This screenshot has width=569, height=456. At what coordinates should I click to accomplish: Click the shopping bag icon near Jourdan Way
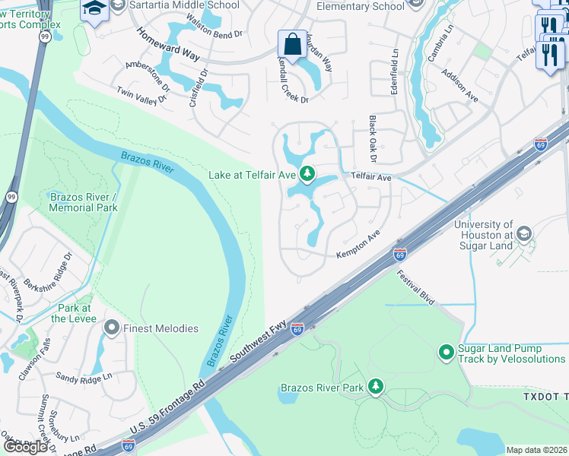pos(292,44)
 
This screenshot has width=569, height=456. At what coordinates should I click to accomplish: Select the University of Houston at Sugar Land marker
pos(523,233)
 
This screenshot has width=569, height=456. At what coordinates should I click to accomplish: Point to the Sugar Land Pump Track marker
pos(447,353)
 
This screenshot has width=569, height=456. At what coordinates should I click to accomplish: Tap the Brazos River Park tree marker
pos(375,388)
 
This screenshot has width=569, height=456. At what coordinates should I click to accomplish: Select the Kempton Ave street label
pos(358,247)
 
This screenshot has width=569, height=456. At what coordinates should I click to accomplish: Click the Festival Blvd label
pos(415,287)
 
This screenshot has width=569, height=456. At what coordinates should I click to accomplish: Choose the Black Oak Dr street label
pos(373,138)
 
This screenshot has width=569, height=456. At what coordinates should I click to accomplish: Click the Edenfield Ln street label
pos(395,71)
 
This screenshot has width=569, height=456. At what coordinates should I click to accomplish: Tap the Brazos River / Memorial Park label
pos(83,202)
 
